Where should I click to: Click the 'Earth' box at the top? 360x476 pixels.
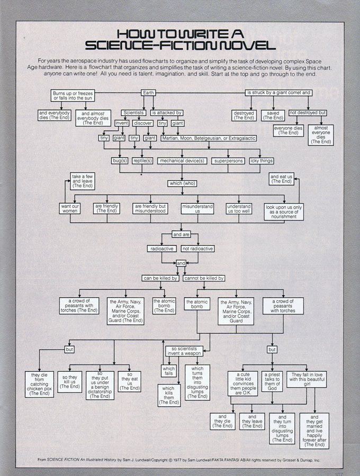[x=149, y=93]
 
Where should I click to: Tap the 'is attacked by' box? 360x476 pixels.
[x=167, y=113]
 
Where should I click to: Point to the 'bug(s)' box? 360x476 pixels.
[x=120, y=160]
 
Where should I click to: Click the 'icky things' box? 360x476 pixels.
[x=262, y=160]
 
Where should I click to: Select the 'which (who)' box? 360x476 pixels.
[x=182, y=184]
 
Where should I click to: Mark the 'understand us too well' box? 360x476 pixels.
[x=239, y=209]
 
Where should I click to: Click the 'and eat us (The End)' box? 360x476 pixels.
[x=281, y=179]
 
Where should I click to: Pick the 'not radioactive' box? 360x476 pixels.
[x=197, y=249]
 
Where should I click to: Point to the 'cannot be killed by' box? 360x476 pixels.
[x=204, y=278]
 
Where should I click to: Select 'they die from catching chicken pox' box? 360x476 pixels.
[x=39, y=384]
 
